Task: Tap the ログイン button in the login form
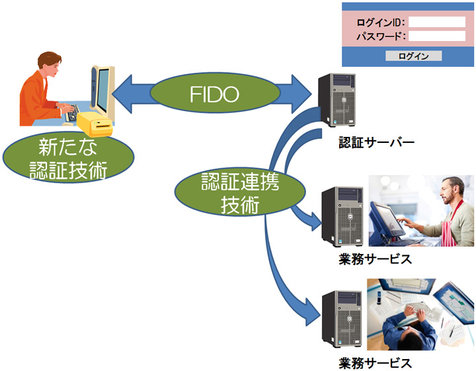413,56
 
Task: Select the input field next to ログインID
436,22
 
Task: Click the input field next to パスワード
436,36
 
